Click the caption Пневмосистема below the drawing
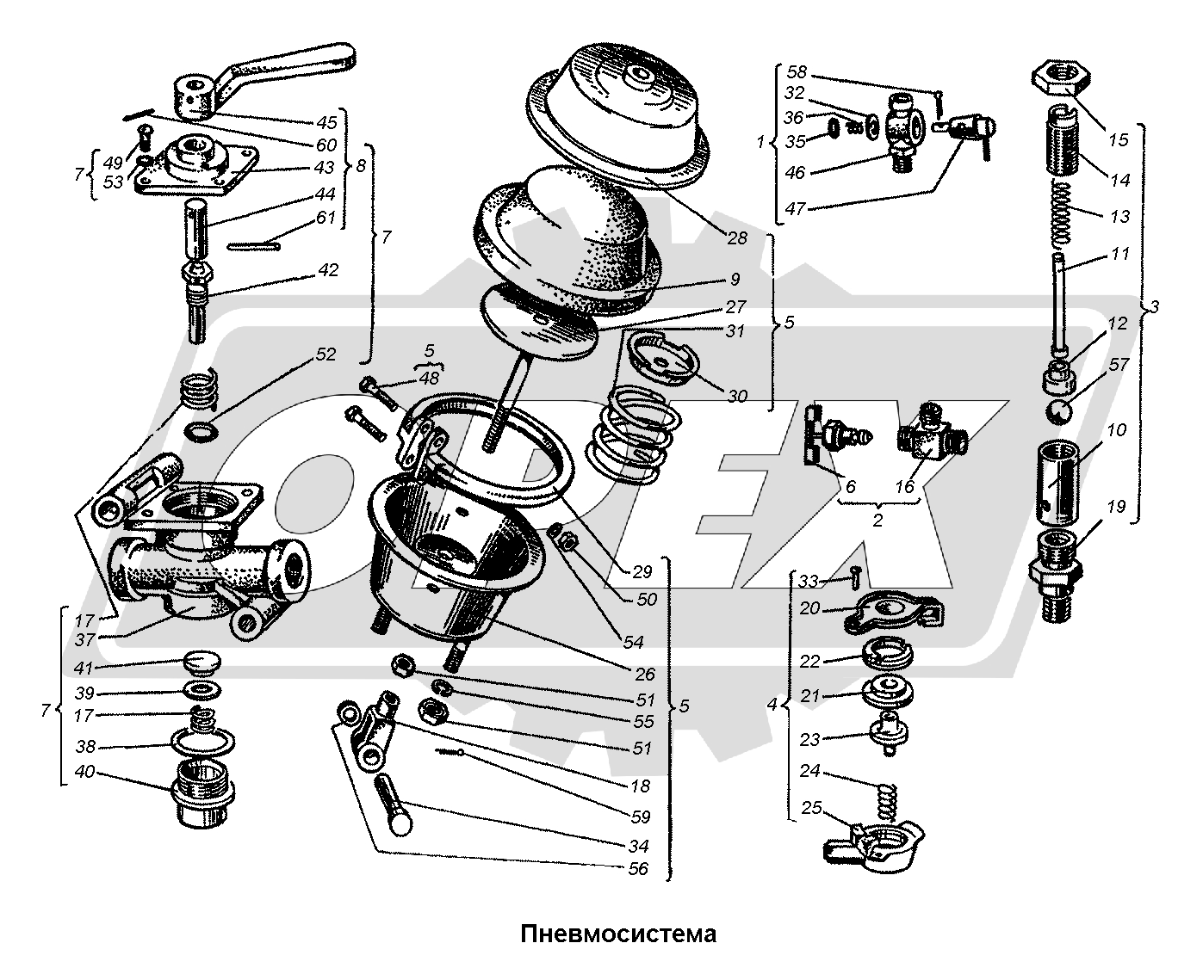pyautogui.click(x=617, y=934)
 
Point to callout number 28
pyautogui.click(x=736, y=237)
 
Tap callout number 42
pyautogui.click(x=327, y=270)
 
